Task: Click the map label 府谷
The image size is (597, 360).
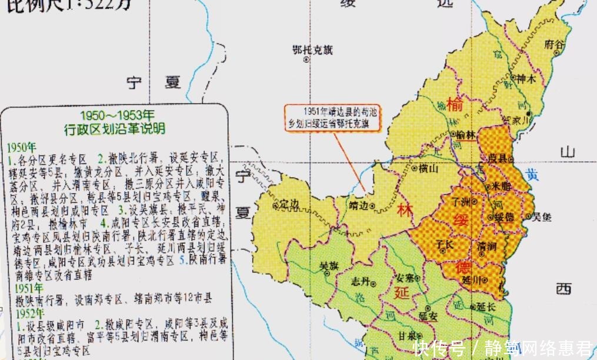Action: click(553, 44)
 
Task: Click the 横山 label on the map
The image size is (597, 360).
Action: click(429, 168)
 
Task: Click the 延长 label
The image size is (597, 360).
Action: click(487, 306)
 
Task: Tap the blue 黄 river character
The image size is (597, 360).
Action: click(532, 174)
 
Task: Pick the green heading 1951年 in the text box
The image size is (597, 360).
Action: click(22, 288)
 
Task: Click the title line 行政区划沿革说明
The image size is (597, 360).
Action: click(115, 128)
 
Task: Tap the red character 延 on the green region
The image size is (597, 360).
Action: click(402, 292)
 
